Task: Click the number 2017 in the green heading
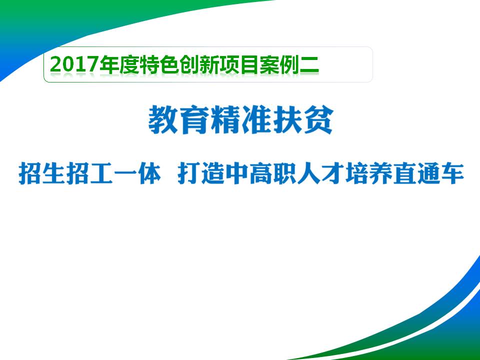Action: point(74,65)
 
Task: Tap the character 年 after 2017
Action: point(109,65)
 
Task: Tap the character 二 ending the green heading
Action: point(309,65)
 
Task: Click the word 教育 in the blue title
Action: point(178,119)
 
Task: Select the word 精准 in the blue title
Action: point(241,119)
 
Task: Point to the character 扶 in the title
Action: point(287,119)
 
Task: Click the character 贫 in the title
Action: point(318,119)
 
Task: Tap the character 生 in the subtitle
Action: point(54,174)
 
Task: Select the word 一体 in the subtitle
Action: point(137,174)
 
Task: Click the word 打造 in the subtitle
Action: point(201,174)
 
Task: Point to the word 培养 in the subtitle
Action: point(368,174)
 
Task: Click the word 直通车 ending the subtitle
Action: point(428,174)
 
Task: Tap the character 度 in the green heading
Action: point(129,65)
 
